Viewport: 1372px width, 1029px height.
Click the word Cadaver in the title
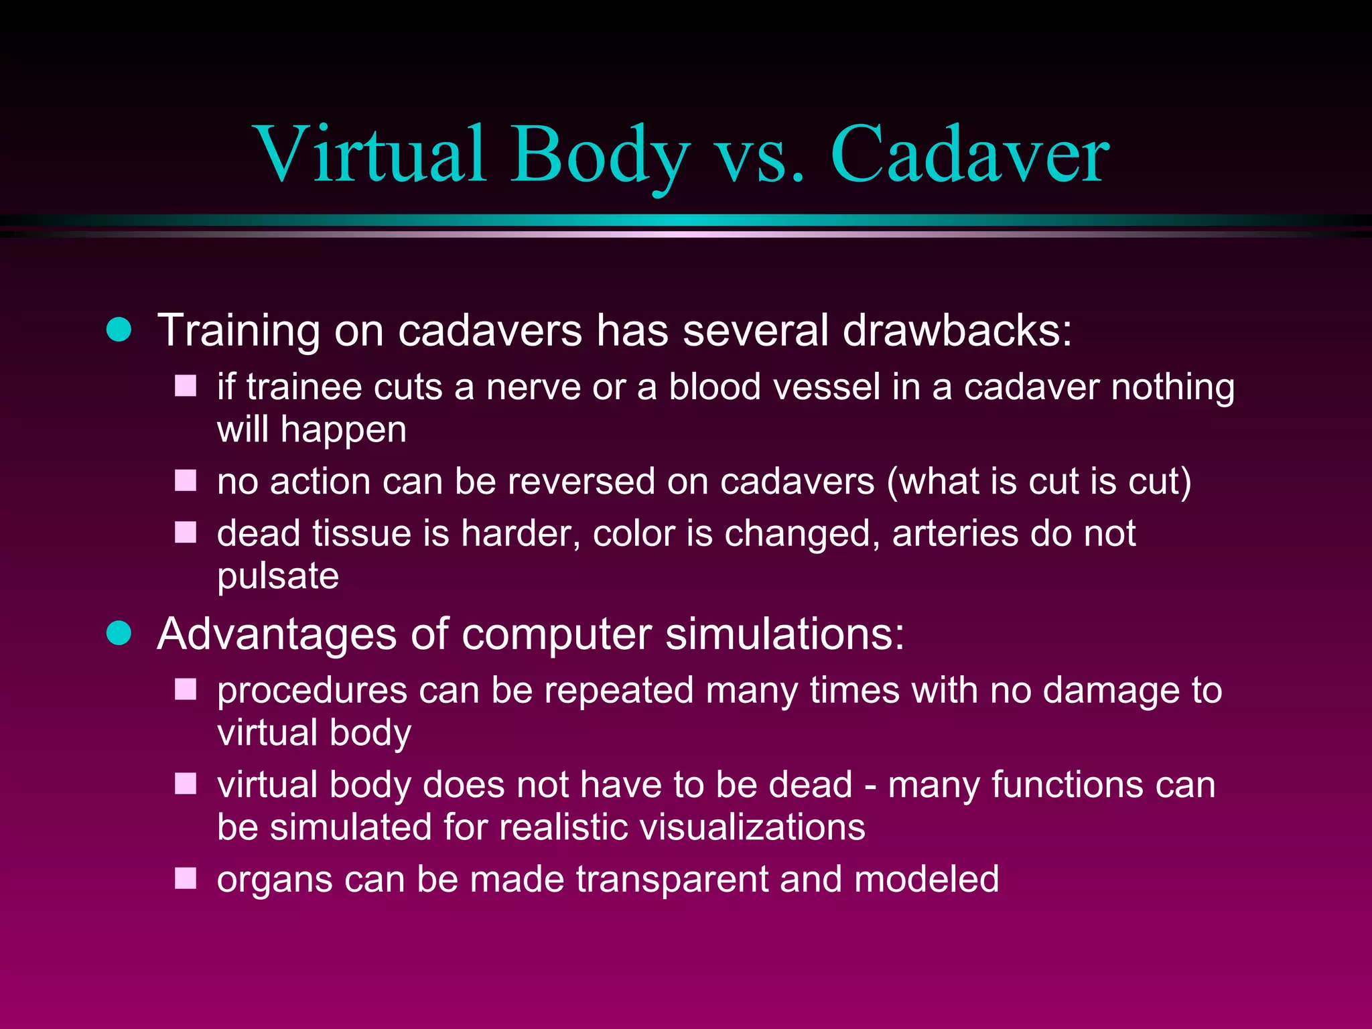point(969,155)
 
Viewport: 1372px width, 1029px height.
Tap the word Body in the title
point(600,155)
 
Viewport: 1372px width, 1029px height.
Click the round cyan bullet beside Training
point(119,330)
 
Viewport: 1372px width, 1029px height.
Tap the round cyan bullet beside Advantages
point(119,633)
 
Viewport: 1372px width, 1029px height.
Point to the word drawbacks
point(956,330)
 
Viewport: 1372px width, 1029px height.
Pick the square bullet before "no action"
point(186,480)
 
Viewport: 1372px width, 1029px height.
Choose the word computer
point(557,634)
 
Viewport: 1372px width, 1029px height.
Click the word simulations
point(784,634)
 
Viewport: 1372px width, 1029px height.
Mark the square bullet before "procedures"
point(186,689)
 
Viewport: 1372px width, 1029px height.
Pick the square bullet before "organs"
point(186,878)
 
